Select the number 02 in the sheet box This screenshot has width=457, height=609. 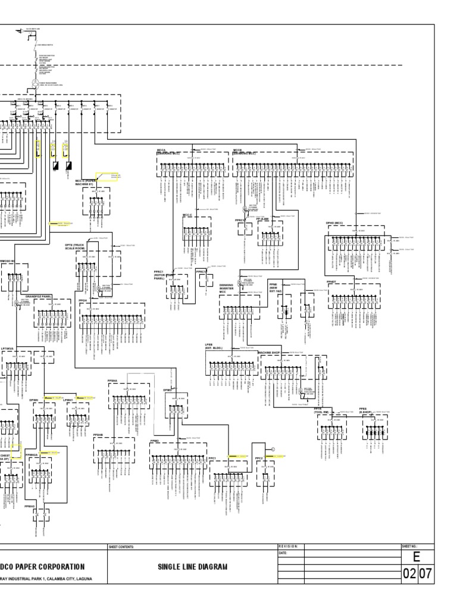point(409,575)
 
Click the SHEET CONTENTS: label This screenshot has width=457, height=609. point(122,546)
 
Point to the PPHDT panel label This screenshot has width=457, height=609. point(331,281)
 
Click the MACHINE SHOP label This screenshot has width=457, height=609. point(269,353)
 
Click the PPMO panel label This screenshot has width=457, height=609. point(155,441)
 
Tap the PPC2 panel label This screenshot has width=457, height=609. point(259,458)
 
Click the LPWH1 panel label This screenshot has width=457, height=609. point(68,400)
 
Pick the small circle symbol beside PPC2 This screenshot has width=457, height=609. point(273,448)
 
